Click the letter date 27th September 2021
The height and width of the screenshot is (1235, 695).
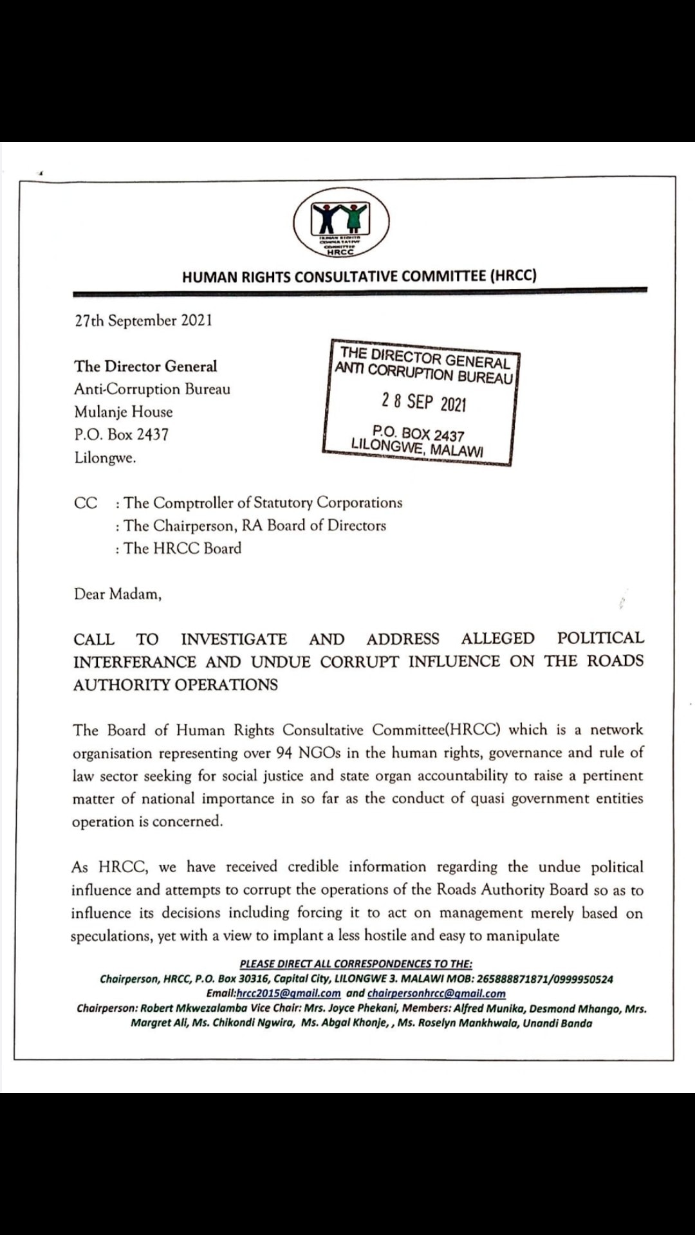coord(143,320)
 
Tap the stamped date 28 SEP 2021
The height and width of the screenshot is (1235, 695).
coord(423,402)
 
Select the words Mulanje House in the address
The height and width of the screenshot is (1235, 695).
coord(123,412)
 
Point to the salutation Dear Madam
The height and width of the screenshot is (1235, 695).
coord(117,594)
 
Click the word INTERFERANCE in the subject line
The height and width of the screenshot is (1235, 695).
coord(134,662)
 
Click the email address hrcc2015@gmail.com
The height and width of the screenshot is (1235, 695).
coord(288,993)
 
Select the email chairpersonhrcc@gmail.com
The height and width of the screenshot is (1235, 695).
coord(436,993)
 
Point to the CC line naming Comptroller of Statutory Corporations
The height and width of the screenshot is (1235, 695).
coord(263,502)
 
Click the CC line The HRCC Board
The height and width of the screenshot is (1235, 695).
coord(183,548)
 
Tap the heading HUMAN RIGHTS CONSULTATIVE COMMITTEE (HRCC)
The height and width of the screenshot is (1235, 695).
coord(359,277)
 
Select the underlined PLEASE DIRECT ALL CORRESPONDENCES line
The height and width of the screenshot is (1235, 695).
coord(356,964)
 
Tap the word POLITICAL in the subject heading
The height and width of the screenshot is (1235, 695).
coord(600,638)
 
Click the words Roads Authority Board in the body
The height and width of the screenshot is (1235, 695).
coord(512,890)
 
